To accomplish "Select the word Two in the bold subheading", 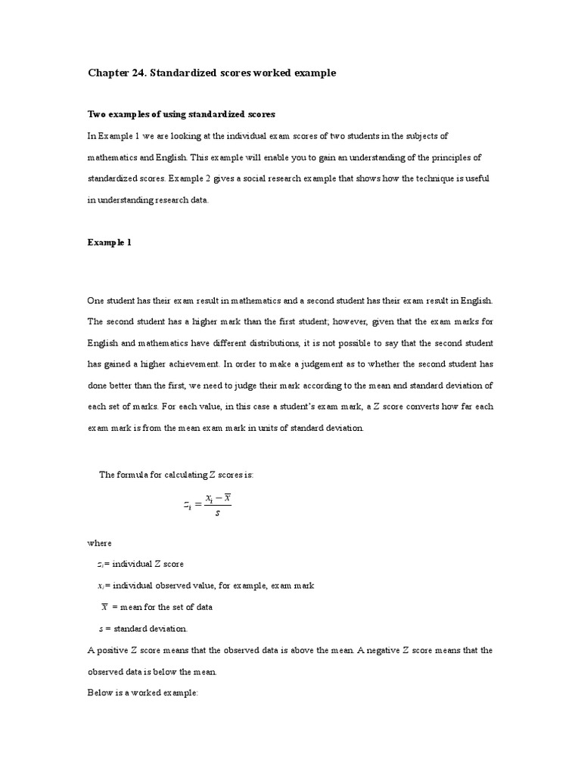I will [96, 114].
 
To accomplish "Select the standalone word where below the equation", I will [99, 543].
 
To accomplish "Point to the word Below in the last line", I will [99, 693].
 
